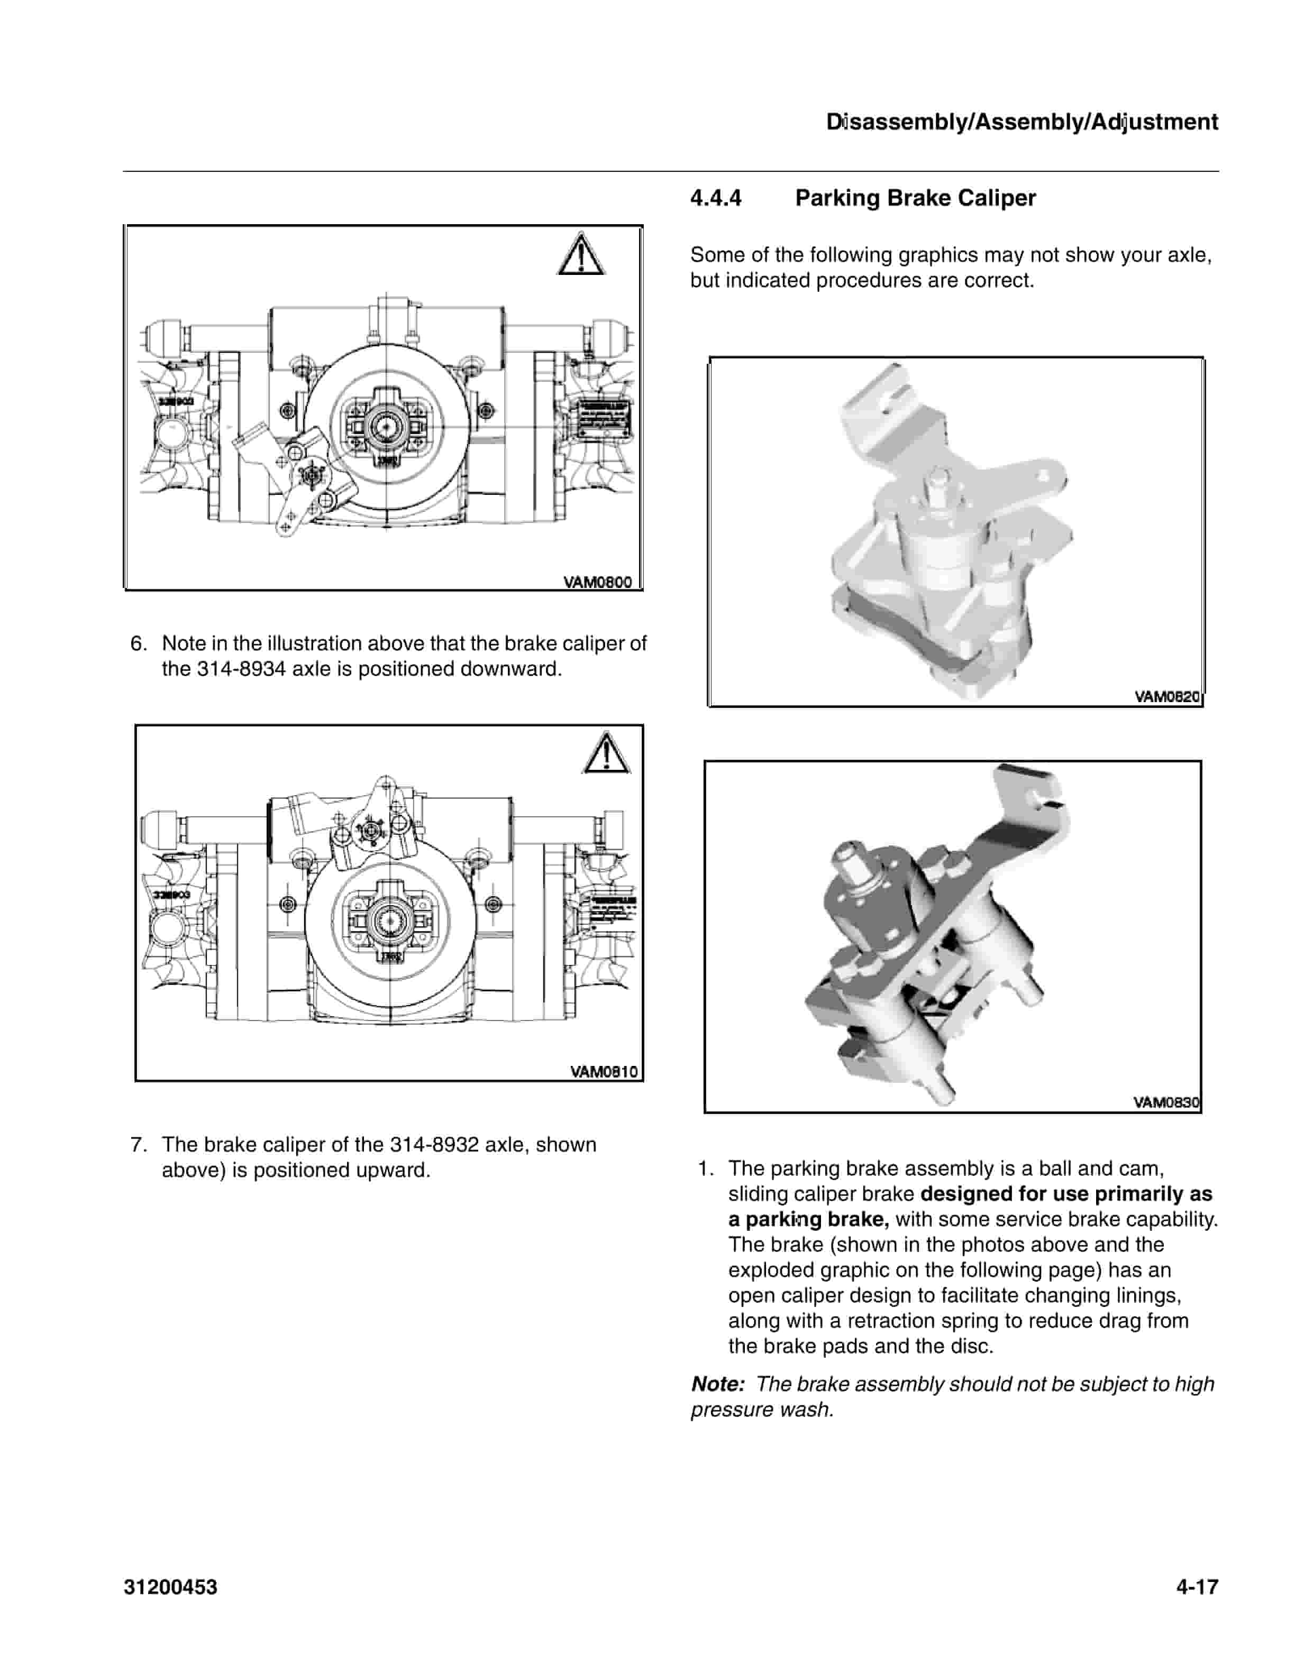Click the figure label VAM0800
(597, 582)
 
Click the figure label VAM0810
(604, 1071)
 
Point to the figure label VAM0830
(1166, 1102)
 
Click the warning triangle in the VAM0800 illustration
(581, 255)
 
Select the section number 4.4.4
(716, 198)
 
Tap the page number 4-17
(1197, 1587)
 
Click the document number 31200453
(170, 1587)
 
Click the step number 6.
(138, 643)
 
